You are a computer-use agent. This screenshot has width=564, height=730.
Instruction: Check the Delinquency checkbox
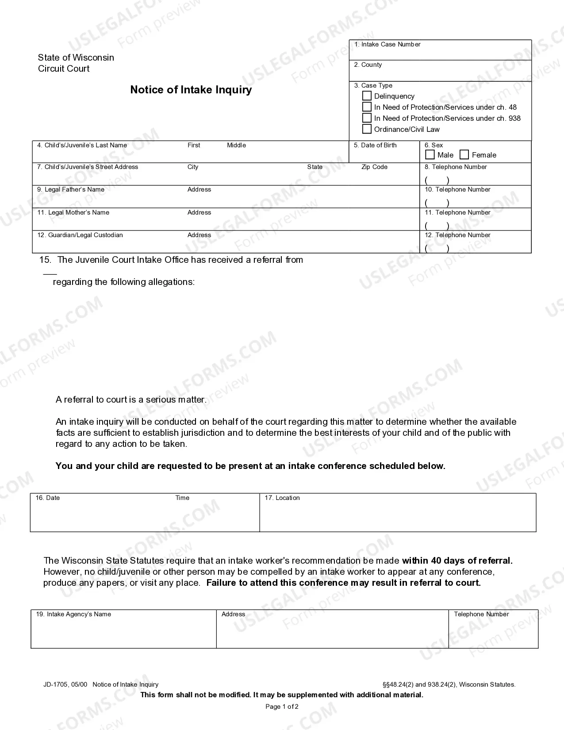pos(367,96)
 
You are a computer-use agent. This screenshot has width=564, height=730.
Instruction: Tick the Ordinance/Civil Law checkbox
pos(367,129)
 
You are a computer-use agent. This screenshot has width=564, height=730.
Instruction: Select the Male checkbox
pos(430,154)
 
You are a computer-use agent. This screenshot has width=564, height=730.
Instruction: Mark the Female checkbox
pos(464,154)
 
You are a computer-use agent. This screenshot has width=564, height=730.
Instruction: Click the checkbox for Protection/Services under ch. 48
pos(367,107)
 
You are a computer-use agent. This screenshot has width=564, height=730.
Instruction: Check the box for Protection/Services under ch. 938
pos(367,118)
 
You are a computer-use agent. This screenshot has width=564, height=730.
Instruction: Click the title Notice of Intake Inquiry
pos(191,90)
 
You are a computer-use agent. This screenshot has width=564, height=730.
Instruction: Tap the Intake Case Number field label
pos(387,44)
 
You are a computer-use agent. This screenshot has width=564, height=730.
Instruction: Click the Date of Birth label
pos(375,145)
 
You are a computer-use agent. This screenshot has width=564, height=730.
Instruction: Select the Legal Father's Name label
pos(71,189)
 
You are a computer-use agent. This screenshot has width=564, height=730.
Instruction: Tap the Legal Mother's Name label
pos(73,212)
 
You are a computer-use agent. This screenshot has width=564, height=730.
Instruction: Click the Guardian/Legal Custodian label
pos(80,235)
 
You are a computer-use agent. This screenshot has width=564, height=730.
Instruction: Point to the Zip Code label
pos(374,167)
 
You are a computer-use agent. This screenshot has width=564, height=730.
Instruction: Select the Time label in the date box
pos(182,498)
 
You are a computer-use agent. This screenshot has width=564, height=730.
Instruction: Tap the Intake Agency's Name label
pos(73,614)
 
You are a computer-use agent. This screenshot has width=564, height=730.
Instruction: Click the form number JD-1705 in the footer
pos(56,684)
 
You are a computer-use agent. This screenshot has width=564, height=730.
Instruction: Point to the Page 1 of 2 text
pos(282,707)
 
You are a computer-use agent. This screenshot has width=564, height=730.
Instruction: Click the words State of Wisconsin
pos(76,58)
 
